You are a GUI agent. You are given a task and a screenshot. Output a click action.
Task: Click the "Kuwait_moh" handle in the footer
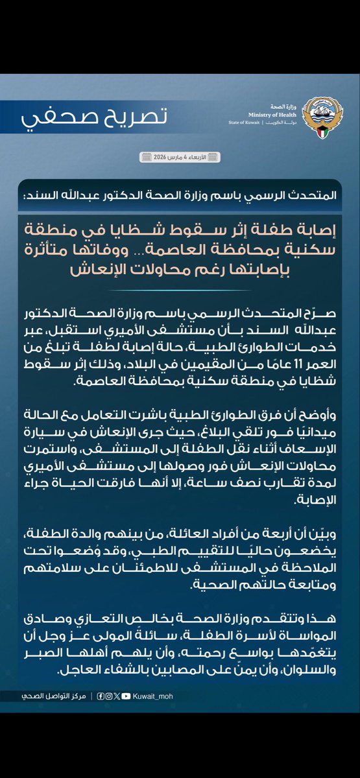click(152, 696)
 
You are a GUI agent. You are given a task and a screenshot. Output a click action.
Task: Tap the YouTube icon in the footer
click(126, 696)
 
